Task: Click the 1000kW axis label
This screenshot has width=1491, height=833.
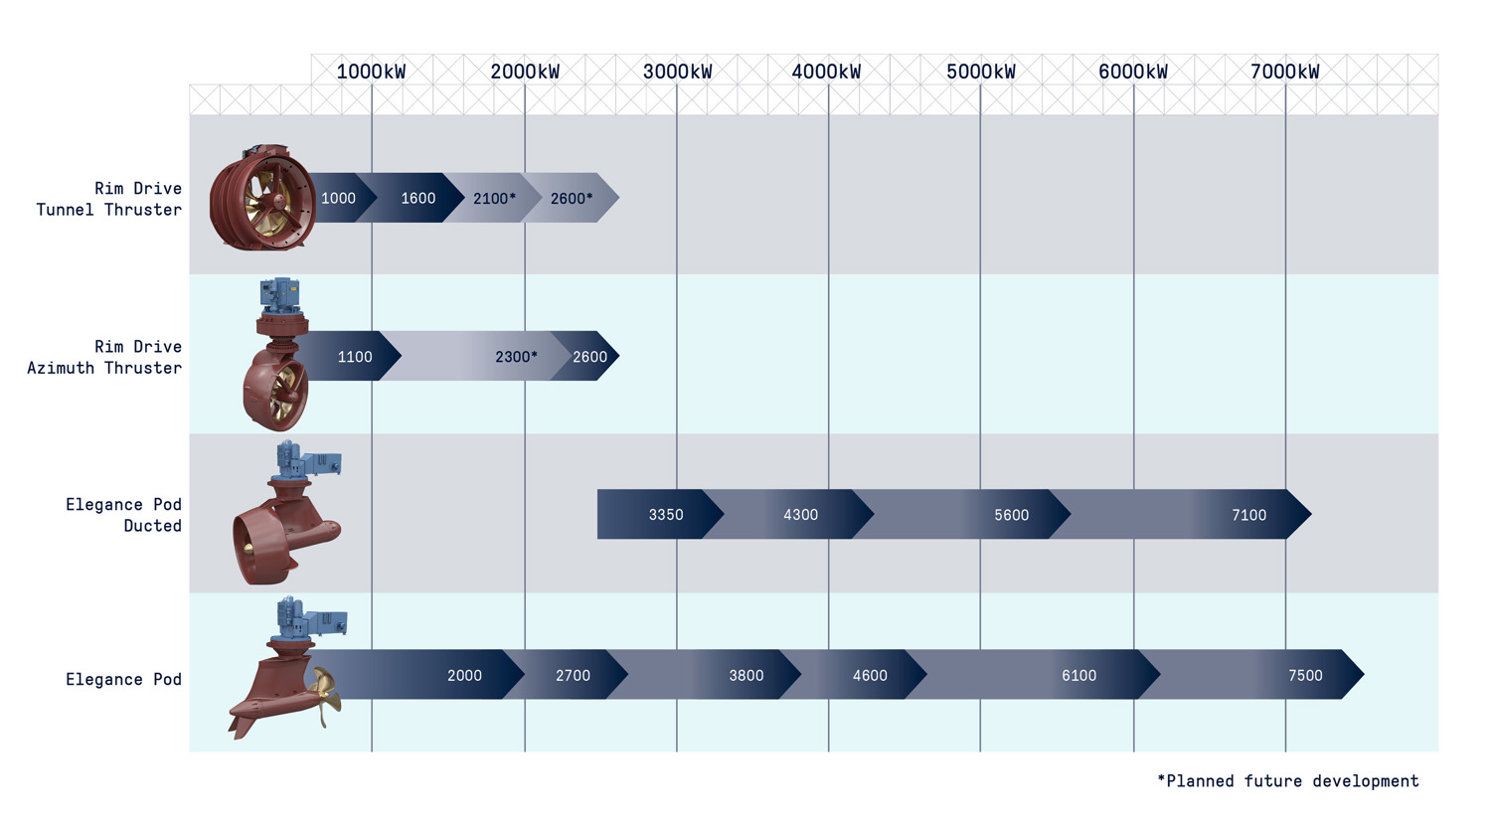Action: [x=371, y=72]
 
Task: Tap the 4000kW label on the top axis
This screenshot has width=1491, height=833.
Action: [x=826, y=72]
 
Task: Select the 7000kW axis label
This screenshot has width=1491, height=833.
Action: [x=1284, y=72]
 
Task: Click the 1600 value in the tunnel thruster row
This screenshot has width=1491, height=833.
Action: [x=418, y=199]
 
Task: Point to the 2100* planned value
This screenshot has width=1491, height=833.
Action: [x=495, y=199]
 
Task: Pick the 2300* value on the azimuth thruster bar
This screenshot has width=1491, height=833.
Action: [x=516, y=357]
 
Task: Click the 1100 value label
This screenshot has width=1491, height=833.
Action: [x=355, y=357]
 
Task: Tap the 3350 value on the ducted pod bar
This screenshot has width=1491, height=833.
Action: [x=666, y=515]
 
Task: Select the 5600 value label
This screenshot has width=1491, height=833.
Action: [x=1012, y=515]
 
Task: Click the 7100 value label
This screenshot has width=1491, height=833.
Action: [x=1249, y=515]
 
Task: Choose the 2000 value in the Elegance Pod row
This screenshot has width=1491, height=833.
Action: [x=464, y=675]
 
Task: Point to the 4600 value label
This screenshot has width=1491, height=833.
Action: [x=870, y=675]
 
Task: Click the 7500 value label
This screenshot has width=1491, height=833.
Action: [x=1305, y=675]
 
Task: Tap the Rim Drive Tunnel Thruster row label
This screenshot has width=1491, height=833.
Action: [x=109, y=199]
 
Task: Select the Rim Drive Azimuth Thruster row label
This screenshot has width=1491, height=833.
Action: [x=104, y=357]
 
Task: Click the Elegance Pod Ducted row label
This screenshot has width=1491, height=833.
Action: [x=124, y=515]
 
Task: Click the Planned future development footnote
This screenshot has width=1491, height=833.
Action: [x=1288, y=780]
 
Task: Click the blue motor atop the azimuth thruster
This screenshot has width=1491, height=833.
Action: [x=279, y=296]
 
